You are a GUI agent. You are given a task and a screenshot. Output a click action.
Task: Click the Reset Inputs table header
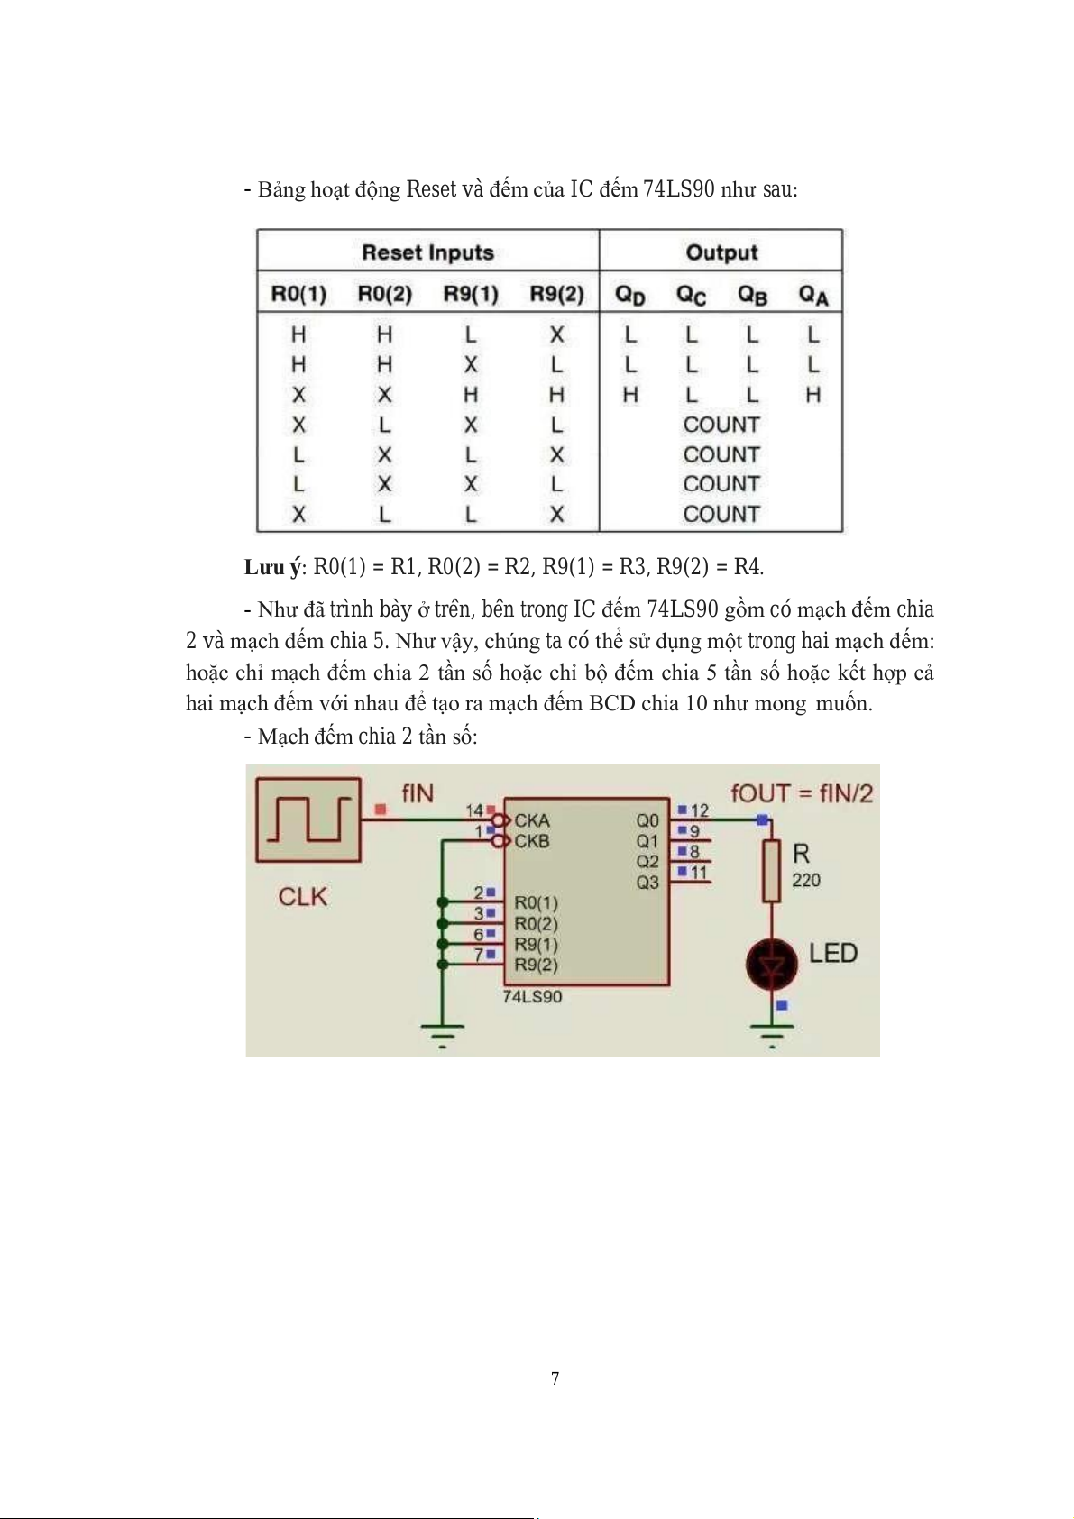pos(427,252)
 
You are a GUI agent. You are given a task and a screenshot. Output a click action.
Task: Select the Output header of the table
pos(721,252)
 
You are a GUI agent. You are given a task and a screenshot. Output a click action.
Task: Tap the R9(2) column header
pos(556,294)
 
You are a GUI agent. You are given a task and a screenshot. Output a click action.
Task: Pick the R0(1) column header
pos(298,294)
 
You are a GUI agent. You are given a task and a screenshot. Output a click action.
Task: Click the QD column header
pos(629,295)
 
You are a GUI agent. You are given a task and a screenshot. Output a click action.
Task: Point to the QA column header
pos(812,295)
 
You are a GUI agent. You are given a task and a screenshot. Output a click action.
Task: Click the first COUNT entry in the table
pos(721,425)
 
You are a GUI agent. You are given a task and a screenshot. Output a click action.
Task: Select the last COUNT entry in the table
pos(721,514)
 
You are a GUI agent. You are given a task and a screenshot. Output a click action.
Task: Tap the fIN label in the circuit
pos(417,793)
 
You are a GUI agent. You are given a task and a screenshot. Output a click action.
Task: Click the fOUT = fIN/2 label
pos(802,793)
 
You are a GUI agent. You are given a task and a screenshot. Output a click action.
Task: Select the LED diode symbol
pos(772,964)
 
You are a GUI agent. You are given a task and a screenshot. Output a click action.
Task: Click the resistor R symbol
pos(772,871)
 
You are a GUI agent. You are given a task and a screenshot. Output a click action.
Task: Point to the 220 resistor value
pos(806,881)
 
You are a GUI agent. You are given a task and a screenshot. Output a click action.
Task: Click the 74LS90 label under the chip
pos(532,997)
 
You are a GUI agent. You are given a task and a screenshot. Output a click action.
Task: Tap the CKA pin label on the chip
pos(532,820)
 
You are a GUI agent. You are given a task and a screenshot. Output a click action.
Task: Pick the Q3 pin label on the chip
pos(647,883)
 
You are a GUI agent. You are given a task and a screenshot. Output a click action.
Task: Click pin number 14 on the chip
pos(474,810)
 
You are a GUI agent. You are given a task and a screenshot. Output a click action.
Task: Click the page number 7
pos(555,1377)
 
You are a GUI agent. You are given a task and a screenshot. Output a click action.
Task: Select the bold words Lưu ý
pos(273,567)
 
